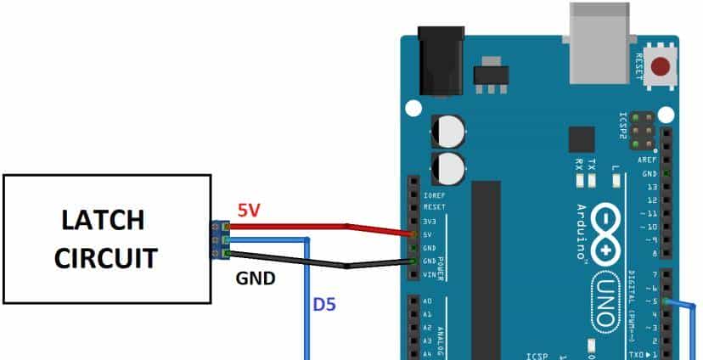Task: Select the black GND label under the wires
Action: click(255, 277)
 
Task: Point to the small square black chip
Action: click(582, 140)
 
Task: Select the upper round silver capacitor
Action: click(447, 131)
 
